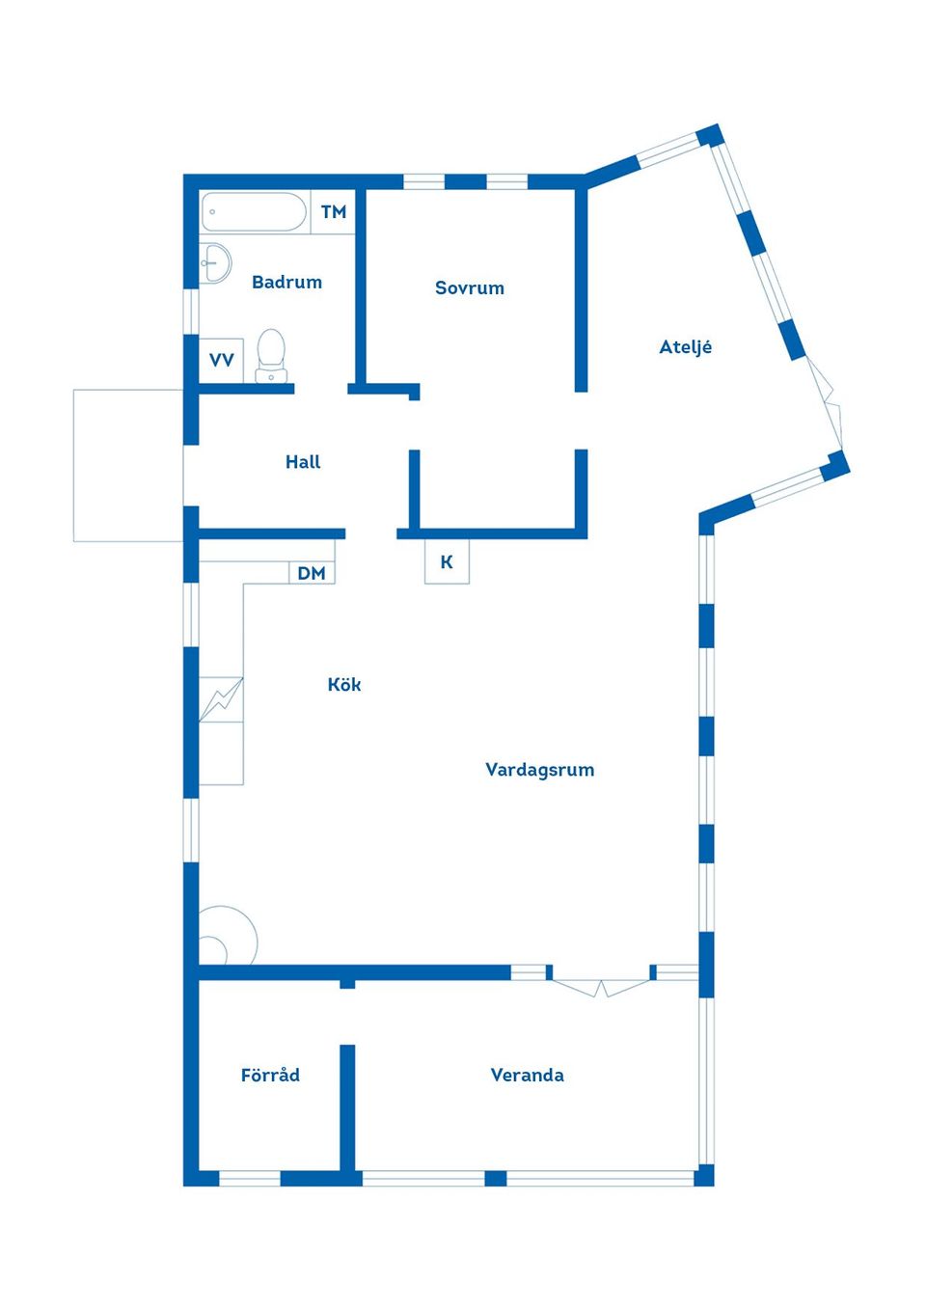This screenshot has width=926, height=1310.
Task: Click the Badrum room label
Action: [x=286, y=282]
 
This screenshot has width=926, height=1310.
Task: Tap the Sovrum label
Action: [x=470, y=287]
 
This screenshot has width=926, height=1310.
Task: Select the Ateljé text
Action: [x=685, y=347]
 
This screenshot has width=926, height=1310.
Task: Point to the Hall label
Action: [x=303, y=462]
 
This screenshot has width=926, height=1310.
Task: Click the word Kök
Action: [x=344, y=684]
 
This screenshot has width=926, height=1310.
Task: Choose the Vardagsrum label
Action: [x=539, y=770]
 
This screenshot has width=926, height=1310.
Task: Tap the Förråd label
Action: [x=270, y=1075]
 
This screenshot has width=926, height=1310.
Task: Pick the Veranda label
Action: [x=528, y=1075]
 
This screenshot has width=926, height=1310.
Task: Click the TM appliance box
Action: [x=333, y=211]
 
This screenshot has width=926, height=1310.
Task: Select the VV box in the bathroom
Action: [x=221, y=360]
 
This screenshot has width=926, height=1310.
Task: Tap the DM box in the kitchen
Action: [x=312, y=573]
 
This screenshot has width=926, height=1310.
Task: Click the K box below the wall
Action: [x=447, y=561]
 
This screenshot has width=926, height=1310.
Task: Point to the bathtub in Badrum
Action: [x=254, y=211]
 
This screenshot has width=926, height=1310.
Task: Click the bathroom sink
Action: [x=214, y=263]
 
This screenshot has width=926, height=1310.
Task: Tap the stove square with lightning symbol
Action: [x=221, y=699]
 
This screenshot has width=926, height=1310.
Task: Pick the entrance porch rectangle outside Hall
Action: [x=128, y=466]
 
